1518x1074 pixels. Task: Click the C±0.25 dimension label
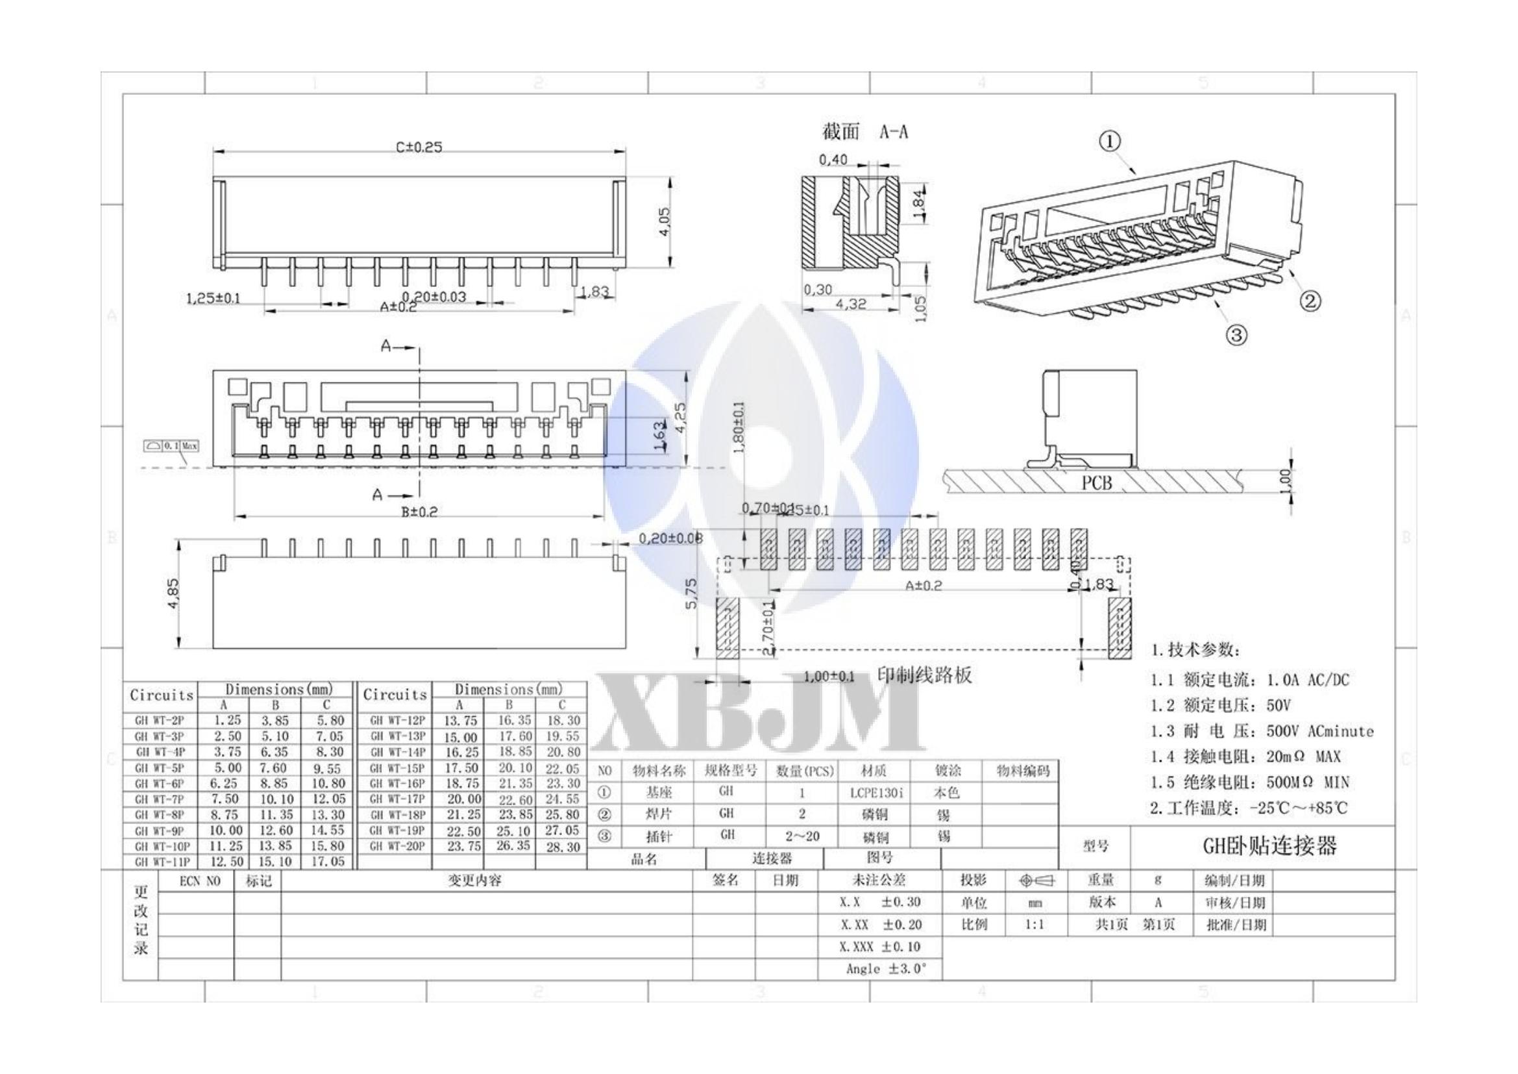[419, 147]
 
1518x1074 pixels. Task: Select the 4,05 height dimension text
[664, 221]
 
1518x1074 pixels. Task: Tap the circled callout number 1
[1109, 142]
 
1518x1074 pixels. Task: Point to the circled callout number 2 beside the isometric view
[1310, 301]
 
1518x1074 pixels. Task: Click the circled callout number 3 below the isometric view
[1236, 335]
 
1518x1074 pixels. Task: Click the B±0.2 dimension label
[419, 512]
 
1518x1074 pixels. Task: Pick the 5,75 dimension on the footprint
[691, 595]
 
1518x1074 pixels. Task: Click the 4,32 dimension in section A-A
[850, 304]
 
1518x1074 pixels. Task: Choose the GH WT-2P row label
[160, 720]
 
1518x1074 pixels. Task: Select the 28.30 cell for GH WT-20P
[563, 847]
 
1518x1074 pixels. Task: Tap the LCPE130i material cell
[877, 792]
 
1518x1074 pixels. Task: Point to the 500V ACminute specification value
[1319, 731]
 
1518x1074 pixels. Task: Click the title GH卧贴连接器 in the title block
[1269, 847]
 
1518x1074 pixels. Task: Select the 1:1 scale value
[1034, 925]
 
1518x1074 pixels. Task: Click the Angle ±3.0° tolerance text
[885, 969]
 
